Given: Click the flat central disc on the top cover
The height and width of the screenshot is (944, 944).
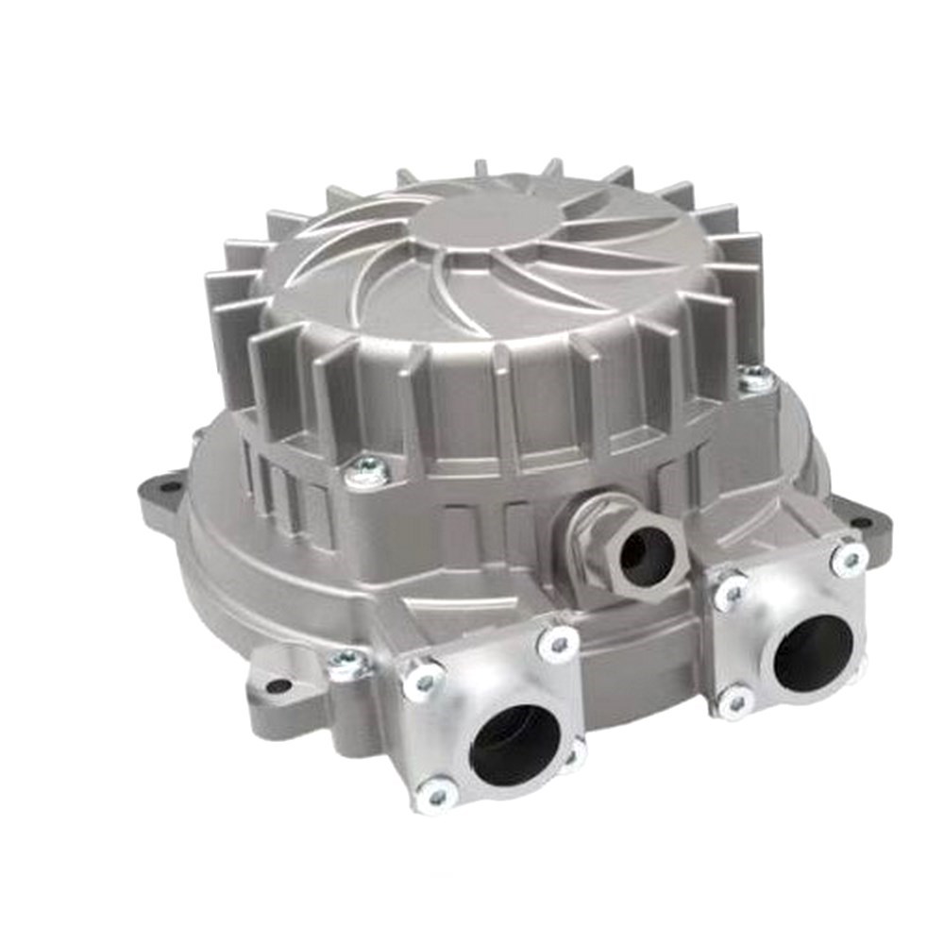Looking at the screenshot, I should (477, 225).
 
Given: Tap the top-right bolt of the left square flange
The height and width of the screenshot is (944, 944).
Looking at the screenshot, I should (559, 644).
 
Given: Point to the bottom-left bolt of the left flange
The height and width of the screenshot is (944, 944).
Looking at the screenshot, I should (435, 796).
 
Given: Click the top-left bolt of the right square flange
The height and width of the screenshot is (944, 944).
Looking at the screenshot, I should (729, 593).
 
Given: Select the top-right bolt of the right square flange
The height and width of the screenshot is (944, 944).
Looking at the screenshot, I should (850, 558).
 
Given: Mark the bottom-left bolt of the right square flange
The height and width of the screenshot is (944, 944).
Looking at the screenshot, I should (735, 700).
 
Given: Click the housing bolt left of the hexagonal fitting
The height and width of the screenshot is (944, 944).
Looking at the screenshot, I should (366, 471).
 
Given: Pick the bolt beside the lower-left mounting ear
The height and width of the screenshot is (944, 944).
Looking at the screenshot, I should (346, 664).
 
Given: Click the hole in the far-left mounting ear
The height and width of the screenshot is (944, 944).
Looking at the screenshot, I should (170, 487).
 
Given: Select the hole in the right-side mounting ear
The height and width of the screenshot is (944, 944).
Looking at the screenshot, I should (863, 521).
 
